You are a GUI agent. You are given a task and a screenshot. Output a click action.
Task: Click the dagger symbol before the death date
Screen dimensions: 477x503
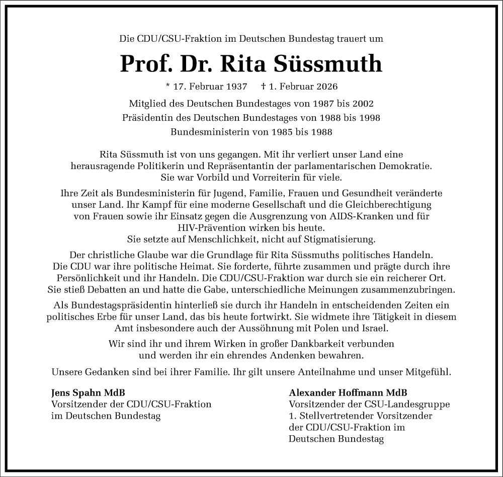click(264, 86)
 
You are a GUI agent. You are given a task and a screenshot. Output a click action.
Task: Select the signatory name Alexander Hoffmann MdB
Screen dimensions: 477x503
click(349, 392)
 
